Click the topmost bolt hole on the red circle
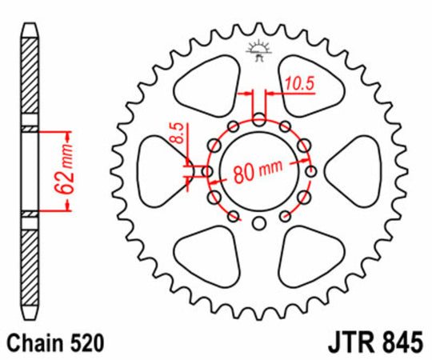(x=259, y=119)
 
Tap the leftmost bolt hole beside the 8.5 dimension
(x=207, y=171)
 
